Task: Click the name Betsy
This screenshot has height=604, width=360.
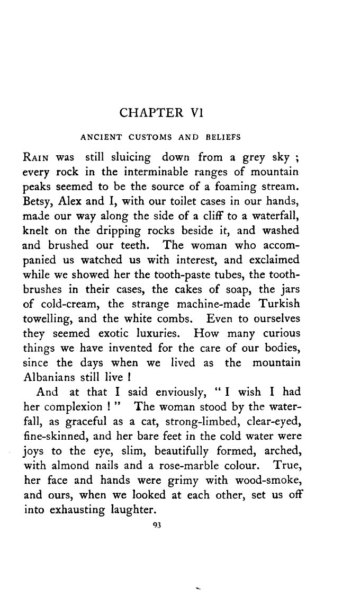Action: point(37,202)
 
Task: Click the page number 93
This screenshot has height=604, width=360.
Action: point(156,525)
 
